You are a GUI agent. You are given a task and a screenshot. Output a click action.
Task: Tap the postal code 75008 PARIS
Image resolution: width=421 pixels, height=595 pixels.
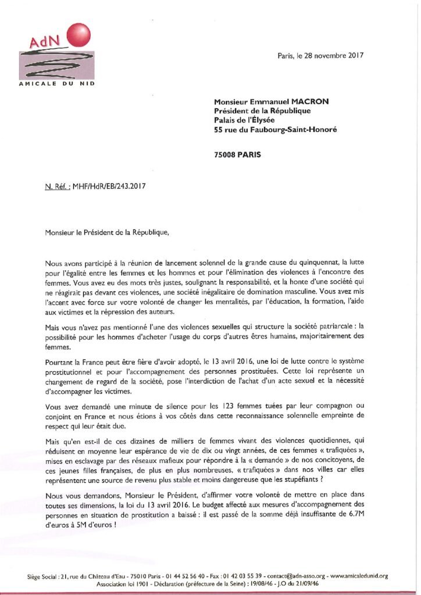(238, 155)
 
